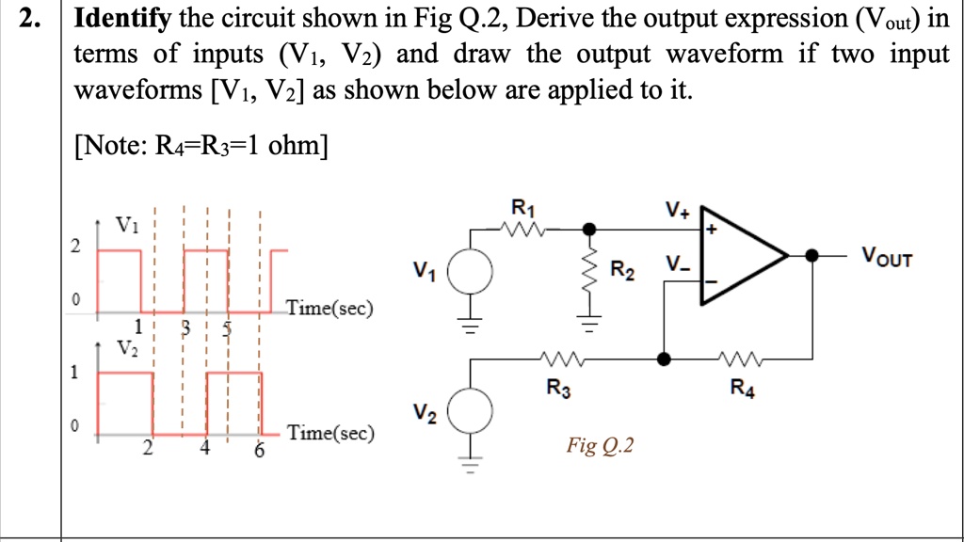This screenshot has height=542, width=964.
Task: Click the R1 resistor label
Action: (522, 208)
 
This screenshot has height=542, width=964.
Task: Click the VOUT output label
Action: (886, 257)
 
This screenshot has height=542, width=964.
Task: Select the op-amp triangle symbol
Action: (739, 256)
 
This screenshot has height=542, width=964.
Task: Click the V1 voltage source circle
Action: (469, 272)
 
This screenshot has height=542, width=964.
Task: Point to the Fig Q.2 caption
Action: (600, 444)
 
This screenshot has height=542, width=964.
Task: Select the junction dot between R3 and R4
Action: (665, 359)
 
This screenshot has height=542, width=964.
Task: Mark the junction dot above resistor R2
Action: (590, 229)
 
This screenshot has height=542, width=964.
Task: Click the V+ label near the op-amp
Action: (676, 210)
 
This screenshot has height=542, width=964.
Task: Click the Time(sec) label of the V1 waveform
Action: (329, 308)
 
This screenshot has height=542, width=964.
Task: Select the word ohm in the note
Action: (295, 146)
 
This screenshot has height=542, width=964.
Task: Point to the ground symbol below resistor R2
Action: (590, 327)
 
